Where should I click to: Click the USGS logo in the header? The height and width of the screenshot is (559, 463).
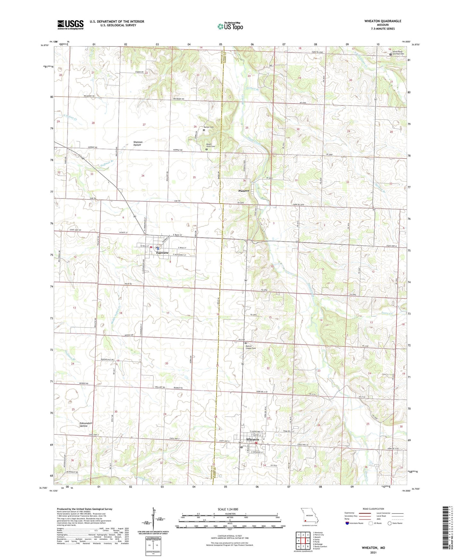tap(70, 25)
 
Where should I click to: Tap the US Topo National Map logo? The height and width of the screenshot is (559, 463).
tap(230, 26)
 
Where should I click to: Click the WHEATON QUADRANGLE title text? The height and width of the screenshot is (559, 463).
tap(383, 21)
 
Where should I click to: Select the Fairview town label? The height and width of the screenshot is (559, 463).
tap(162, 253)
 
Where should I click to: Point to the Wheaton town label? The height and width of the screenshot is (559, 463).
tap(252, 440)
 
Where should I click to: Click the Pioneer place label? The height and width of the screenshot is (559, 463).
tap(244, 191)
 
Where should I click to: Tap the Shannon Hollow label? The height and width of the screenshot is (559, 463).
tap(138, 143)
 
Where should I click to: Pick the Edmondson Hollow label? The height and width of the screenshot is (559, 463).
tap(86, 424)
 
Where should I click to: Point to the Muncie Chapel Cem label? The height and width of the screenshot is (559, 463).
tap(251, 347)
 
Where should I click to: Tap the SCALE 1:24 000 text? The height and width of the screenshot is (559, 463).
tap(228, 509)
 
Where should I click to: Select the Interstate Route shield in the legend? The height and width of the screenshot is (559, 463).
tap(347, 523)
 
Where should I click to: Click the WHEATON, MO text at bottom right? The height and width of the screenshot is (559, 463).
tap(373, 548)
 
